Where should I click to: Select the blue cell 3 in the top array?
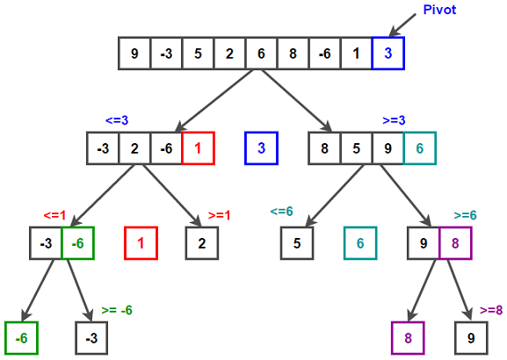tap(387, 54)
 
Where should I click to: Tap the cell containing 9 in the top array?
tap(134, 54)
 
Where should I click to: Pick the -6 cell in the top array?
tap(324, 54)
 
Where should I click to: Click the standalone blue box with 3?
tap(261, 148)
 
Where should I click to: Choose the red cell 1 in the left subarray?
tap(198, 148)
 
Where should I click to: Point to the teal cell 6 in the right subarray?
tap(419, 148)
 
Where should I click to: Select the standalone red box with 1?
tap(141, 242)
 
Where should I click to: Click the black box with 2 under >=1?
tap(201, 242)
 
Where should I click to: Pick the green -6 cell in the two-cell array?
tap(77, 242)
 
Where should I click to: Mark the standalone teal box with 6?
tap(359, 242)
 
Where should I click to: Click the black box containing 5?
tap(297, 242)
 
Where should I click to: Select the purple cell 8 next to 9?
tap(455, 242)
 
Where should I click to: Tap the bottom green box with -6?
tap(21, 337)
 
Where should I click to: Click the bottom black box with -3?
tap(91, 337)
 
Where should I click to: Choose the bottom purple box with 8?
tap(408, 337)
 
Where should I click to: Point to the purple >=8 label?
tap(492, 309)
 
